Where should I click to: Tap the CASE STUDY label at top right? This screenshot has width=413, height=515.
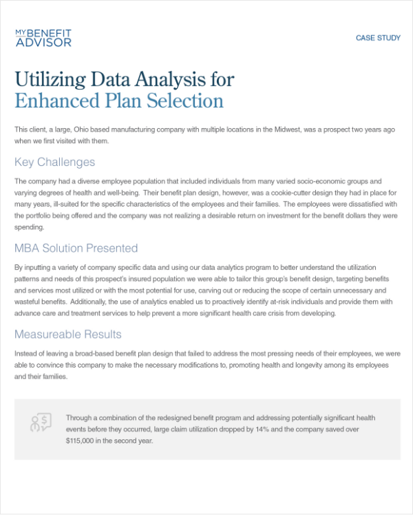pos(378,38)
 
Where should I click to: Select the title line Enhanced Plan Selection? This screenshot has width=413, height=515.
pos(118,101)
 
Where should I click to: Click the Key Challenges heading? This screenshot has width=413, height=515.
pos(54,162)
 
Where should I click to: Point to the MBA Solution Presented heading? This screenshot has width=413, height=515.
pos(76,248)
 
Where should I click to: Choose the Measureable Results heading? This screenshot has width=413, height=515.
pos(67,334)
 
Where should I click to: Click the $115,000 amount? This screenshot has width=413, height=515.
pos(83,441)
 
